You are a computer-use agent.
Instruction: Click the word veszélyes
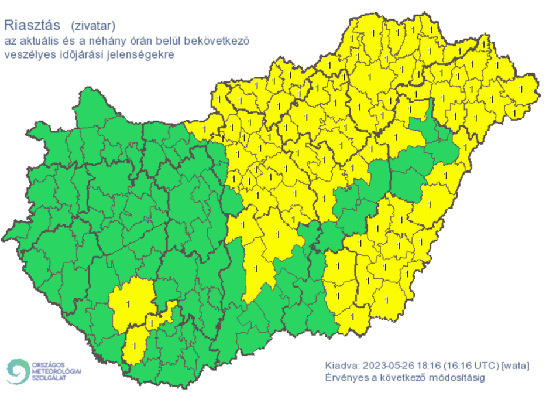[28, 54]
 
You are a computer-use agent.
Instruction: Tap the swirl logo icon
[17, 371]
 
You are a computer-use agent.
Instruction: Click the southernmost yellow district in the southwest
[134, 344]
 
